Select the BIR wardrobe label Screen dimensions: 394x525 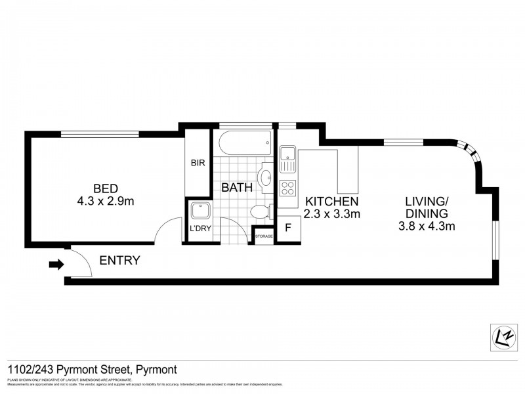click(x=198, y=162)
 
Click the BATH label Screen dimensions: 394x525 click(x=236, y=187)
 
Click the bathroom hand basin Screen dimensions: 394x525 click(x=266, y=177)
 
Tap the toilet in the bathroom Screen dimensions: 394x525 click(x=261, y=212)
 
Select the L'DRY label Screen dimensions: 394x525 click(x=198, y=228)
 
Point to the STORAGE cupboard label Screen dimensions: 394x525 click(x=264, y=235)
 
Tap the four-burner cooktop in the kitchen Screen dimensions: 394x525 click(x=287, y=188)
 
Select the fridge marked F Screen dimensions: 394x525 click(x=287, y=229)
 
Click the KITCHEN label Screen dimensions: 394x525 click(x=331, y=201)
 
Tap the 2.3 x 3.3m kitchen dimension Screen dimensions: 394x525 click(x=331, y=214)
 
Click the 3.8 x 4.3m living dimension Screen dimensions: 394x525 click(x=427, y=227)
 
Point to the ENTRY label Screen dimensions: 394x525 click(x=119, y=261)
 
